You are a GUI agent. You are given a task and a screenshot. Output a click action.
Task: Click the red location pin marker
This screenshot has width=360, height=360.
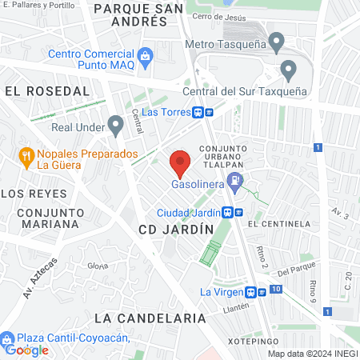tap(181, 164)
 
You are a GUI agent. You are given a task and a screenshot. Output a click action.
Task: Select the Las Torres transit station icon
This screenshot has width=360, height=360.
tap(208, 113)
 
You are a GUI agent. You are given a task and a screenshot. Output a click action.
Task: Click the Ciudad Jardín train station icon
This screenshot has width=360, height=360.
tap(229, 212)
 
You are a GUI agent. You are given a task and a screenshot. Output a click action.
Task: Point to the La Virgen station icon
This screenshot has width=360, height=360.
tap(251, 292)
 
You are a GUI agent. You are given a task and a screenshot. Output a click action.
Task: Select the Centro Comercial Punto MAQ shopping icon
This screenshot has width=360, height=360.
tap(145, 55)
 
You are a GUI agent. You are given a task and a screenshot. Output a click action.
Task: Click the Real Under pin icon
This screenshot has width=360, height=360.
tap(115, 124)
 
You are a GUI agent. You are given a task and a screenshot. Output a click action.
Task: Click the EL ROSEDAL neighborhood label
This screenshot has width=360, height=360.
tap(46, 91)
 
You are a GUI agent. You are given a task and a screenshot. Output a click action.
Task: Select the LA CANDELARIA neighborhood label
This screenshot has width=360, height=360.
tap(150, 318)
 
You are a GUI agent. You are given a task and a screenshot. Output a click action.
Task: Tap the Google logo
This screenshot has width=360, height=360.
tap(26, 350)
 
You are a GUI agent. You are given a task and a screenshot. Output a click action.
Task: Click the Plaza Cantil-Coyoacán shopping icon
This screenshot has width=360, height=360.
tap(9, 338)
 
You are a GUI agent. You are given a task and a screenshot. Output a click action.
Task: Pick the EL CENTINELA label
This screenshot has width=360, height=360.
tap(278, 224)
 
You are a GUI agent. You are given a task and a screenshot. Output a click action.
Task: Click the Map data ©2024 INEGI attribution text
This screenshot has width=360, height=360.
tap(313, 354)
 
